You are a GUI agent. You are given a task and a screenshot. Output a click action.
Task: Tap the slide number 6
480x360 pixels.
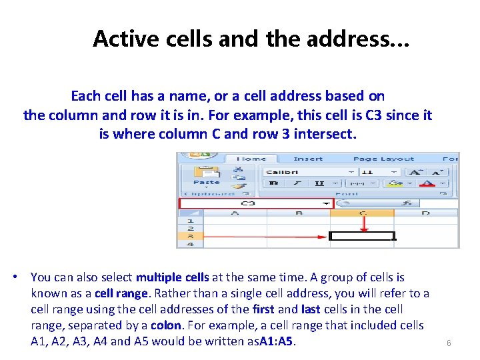click(449, 343)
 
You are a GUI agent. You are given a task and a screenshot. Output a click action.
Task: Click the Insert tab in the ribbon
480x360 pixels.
click(308, 159)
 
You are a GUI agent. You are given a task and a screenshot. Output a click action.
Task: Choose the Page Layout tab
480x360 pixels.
click(383, 159)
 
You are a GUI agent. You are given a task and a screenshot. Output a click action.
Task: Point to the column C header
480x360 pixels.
click(363, 213)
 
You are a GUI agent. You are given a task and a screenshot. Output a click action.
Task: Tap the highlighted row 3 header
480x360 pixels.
click(190, 236)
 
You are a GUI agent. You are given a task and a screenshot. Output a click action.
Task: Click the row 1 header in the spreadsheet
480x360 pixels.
click(190, 220)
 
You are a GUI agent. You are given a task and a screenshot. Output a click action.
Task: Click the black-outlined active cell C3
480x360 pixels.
click(362, 236)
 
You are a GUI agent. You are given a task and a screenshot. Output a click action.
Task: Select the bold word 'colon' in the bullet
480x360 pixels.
click(165, 325)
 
